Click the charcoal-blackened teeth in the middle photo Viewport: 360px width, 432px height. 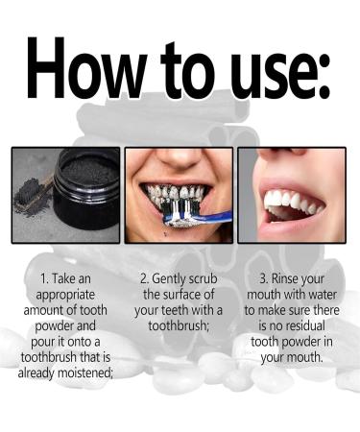point(178,197)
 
